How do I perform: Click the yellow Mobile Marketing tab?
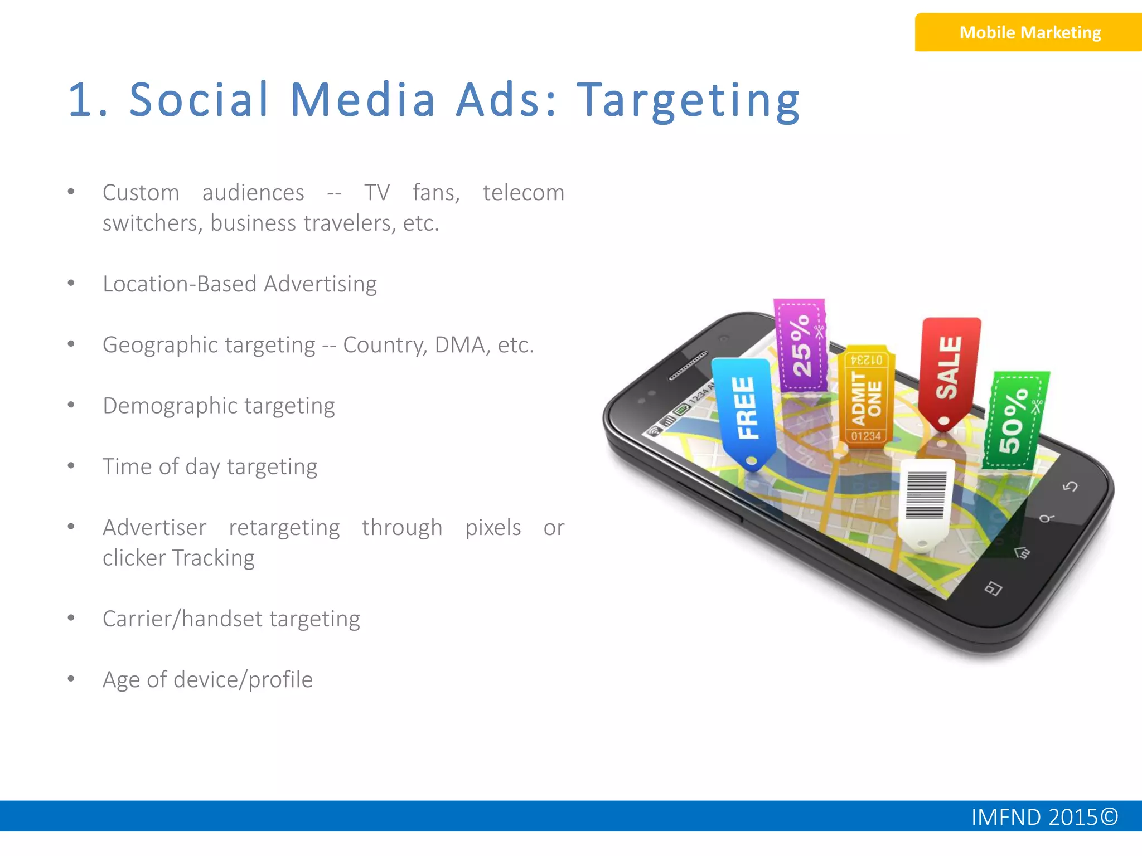pyautogui.click(x=1029, y=32)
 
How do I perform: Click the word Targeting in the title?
pyautogui.click(x=689, y=100)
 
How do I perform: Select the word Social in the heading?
pyautogui.click(x=200, y=100)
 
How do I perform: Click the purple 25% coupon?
pyautogui.click(x=801, y=346)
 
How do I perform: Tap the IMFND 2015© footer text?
pyautogui.click(x=1044, y=817)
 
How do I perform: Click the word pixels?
pyautogui.click(x=493, y=528)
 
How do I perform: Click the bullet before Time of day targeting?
pyautogui.click(x=71, y=465)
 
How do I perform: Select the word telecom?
pyautogui.click(x=523, y=193)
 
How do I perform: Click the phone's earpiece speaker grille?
pyautogui.click(x=688, y=366)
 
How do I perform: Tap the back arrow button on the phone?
pyautogui.click(x=1070, y=487)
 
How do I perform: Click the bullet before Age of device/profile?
pyautogui.click(x=71, y=679)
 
